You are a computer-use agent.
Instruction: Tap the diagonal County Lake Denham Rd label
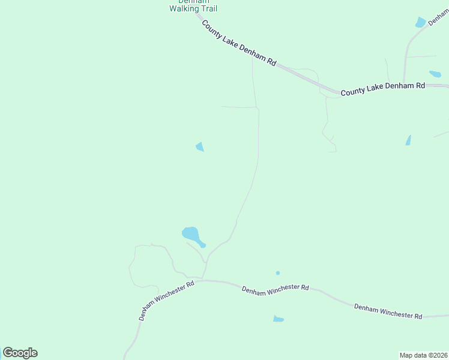pyautogui.click(x=238, y=43)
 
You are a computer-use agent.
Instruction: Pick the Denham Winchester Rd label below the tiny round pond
pyautogui.click(x=275, y=288)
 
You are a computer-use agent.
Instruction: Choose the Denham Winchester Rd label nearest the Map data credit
pyautogui.click(x=388, y=311)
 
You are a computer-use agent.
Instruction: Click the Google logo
pyautogui.click(x=20, y=353)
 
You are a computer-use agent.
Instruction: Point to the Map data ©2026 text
pyautogui.click(x=423, y=355)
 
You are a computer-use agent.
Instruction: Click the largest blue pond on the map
pyautogui.click(x=190, y=233)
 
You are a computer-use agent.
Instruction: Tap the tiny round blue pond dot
pyautogui.click(x=278, y=273)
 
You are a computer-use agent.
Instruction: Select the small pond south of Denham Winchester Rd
pyautogui.click(x=278, y=319)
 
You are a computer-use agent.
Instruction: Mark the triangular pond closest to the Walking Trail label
pyautogui.click(x=200, y=146)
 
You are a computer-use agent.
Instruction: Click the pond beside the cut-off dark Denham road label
pyautogui.click(x=420, y=23)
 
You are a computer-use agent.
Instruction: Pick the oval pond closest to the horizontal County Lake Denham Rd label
pyautogui.click(x=435, y=74)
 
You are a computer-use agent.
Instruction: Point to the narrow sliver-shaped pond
pyautogui.click(x=408, y=140)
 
